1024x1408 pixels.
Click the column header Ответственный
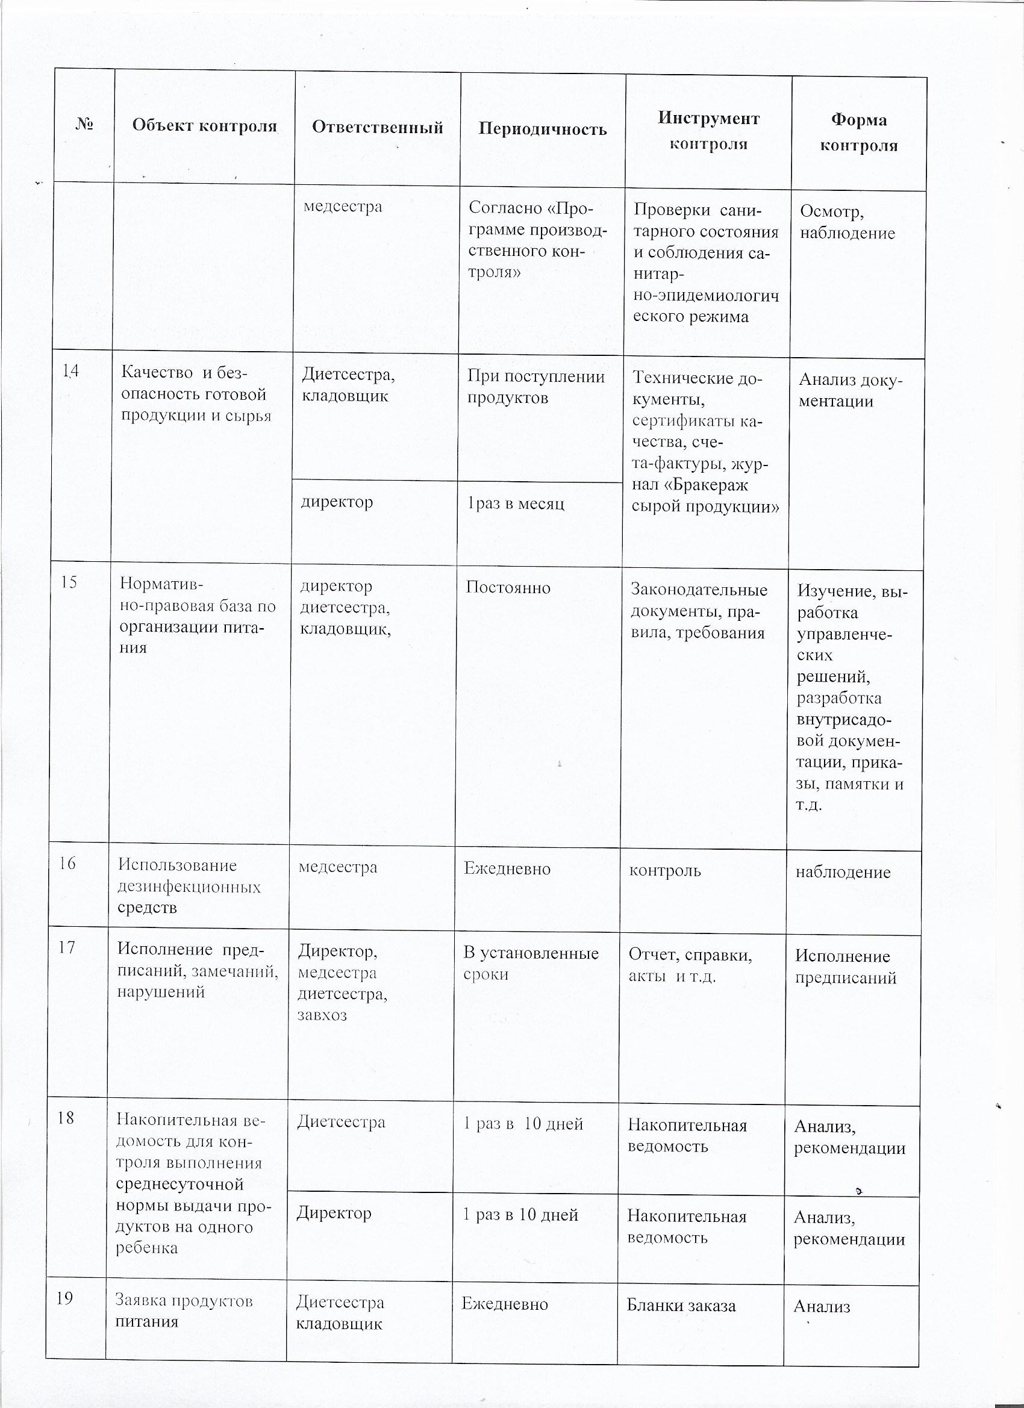click(x=377, y=127)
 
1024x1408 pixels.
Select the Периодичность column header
click(x=542, y=128)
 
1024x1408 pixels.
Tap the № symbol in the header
click(x=84, y=125)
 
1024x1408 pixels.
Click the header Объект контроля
click(x=204, y=125)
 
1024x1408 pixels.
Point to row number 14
click(x=71, y=371)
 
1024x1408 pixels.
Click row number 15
click(x=69, y=582)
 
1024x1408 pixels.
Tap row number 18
click(x=66, y=1118)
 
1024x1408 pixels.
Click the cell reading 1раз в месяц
click(x=516, y=503)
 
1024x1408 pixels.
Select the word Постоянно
click(x=508, y=588)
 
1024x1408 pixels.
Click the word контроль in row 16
click(x=664, y=871)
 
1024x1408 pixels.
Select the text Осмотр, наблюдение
click(x=847, y=222)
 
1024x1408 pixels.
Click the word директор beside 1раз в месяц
click(x=337, y=501)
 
